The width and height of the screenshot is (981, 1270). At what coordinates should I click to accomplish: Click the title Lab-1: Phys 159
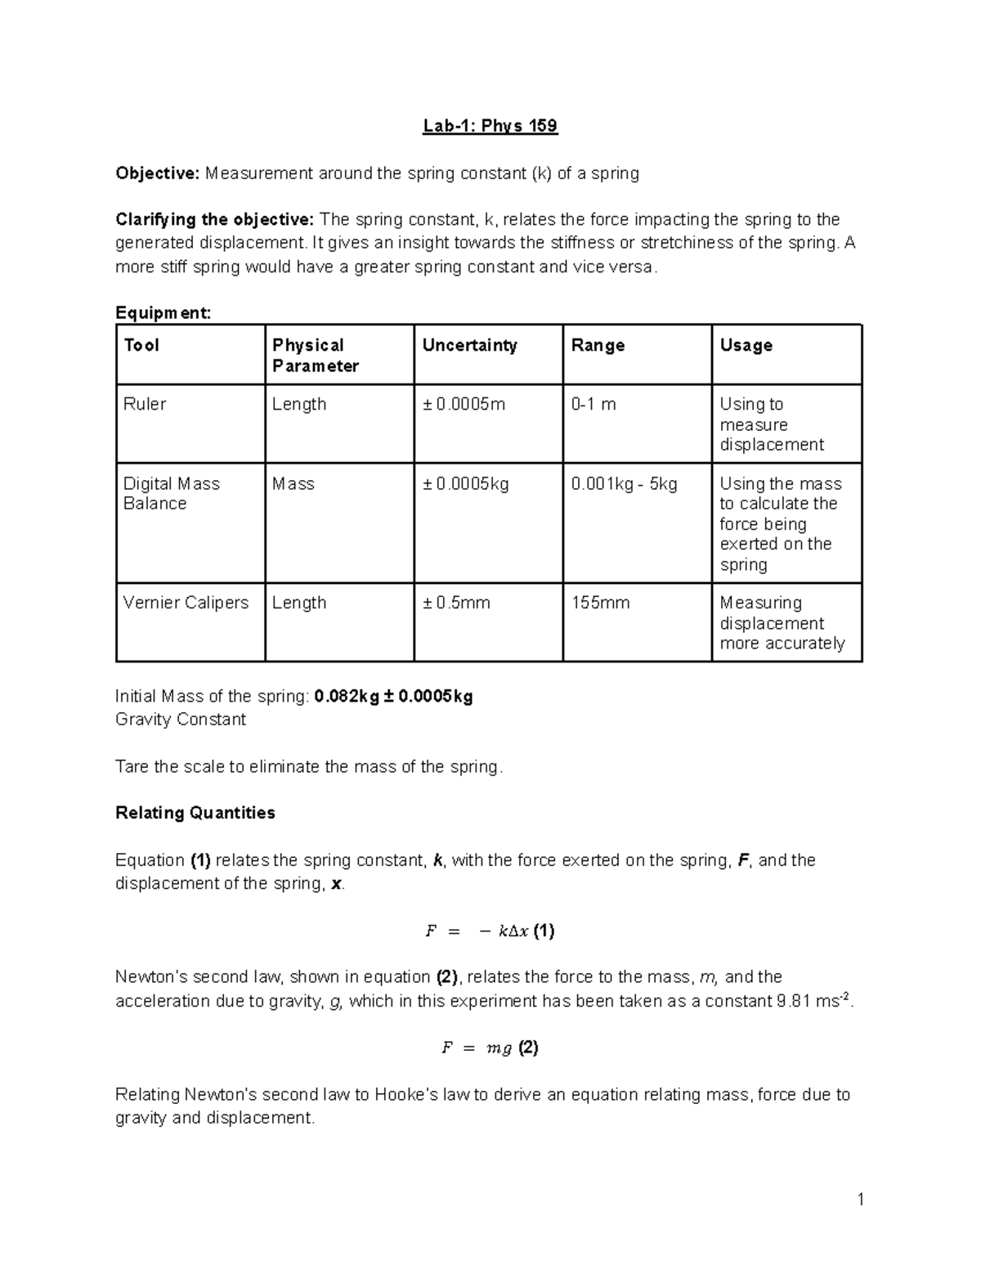(x=490, y=126)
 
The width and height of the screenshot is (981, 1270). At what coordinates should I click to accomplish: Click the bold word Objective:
(x=157, y=173)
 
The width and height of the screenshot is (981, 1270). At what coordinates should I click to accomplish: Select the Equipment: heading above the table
(x=163, y=313)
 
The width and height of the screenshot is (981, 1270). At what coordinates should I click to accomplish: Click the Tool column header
(x=141, y=346)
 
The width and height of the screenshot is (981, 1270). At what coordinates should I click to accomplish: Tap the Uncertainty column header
(x=469, y=346)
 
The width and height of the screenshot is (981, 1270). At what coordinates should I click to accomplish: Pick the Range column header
(x=598, y=346)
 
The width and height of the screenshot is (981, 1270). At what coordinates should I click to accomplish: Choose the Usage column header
(x=746, y=346)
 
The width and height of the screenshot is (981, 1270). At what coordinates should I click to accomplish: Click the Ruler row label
(x=145, y=405)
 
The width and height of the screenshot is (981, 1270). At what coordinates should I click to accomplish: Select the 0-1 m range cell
(x=594, y=405)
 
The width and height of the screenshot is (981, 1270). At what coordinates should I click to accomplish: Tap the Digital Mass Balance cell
(x=171, y=494)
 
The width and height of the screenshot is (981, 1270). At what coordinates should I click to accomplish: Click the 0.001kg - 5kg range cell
(x=624, y=484)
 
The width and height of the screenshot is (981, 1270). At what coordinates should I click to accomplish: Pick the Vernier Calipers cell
(x=186, y=603)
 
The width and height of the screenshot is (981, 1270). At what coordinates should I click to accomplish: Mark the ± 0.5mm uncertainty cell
(x=456, y=603)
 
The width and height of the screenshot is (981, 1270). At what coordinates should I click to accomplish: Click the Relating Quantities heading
(x=195, y=813)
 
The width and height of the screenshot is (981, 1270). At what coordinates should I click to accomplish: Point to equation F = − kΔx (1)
(x=490, y=931)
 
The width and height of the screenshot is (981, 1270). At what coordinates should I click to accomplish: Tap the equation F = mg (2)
(x=490, y=1048)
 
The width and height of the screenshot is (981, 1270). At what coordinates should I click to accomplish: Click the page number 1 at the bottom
(x=860, y=1200)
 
